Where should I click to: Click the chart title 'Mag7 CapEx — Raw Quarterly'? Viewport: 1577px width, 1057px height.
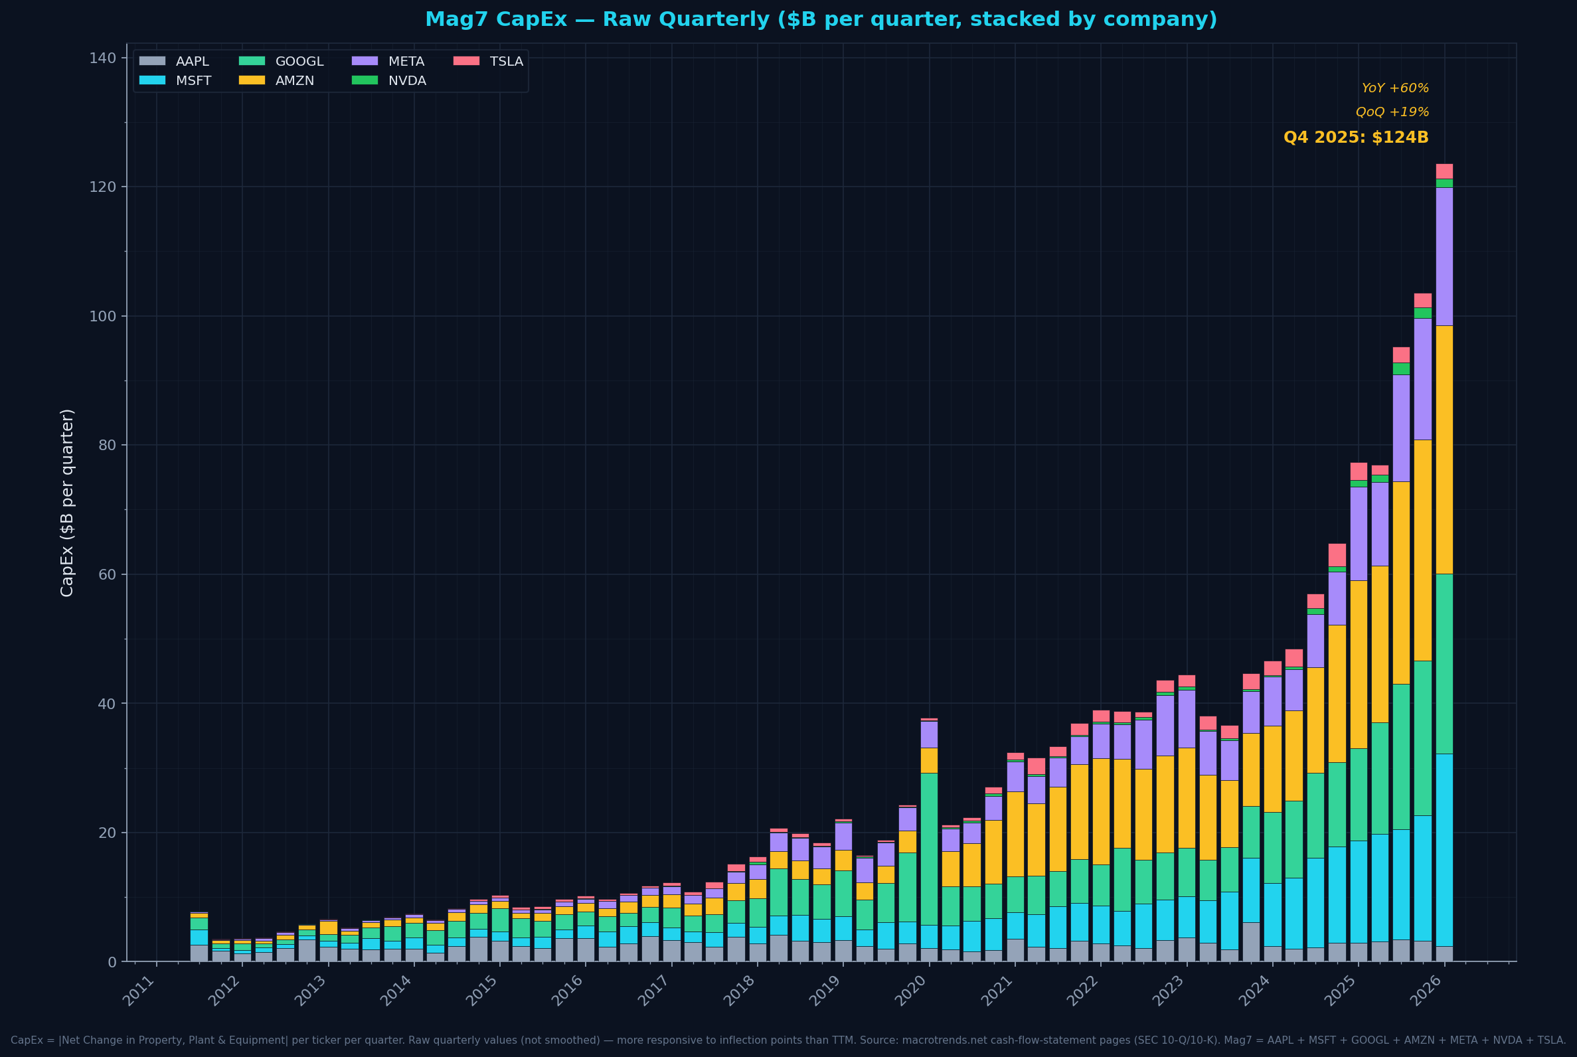click(x=821, y=19)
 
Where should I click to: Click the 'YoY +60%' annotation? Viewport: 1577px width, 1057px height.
click(x=1394, y=88)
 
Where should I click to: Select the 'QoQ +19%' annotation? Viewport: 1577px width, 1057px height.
click(x=1392, y=112)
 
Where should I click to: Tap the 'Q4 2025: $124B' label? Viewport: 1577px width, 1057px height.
click(x=1355, y=137)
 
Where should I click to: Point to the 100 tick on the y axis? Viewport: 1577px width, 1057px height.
click(x=103, y=316)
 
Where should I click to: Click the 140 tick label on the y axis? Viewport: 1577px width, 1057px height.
click(x=103, y=58)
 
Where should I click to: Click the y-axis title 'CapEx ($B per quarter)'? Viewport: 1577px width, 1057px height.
click(x=67, y=502)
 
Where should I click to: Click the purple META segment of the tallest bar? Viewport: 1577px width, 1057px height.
click(x=1444, y=256)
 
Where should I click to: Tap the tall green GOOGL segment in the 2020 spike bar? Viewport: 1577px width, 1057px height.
click(x=929, y=849)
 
